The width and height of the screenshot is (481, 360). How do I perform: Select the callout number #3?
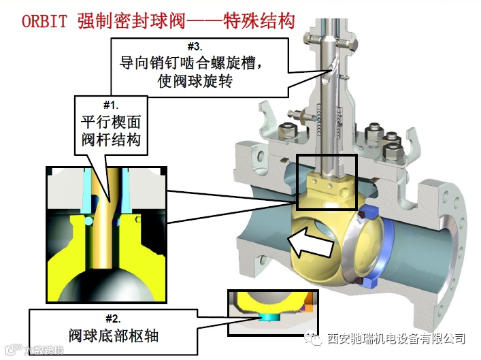(195, 48)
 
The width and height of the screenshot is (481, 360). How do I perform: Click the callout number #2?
(113, 318)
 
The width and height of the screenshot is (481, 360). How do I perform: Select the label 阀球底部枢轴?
(113, 335)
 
